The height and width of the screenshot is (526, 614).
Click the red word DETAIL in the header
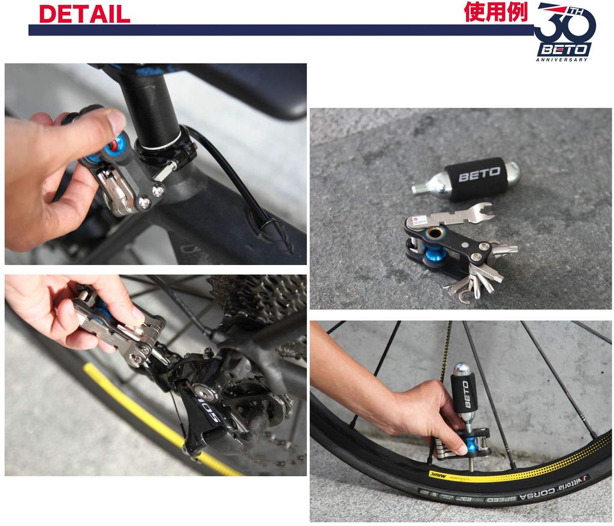85,14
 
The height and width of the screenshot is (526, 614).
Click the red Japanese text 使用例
495,11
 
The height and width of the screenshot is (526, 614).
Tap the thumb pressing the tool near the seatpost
106,123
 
